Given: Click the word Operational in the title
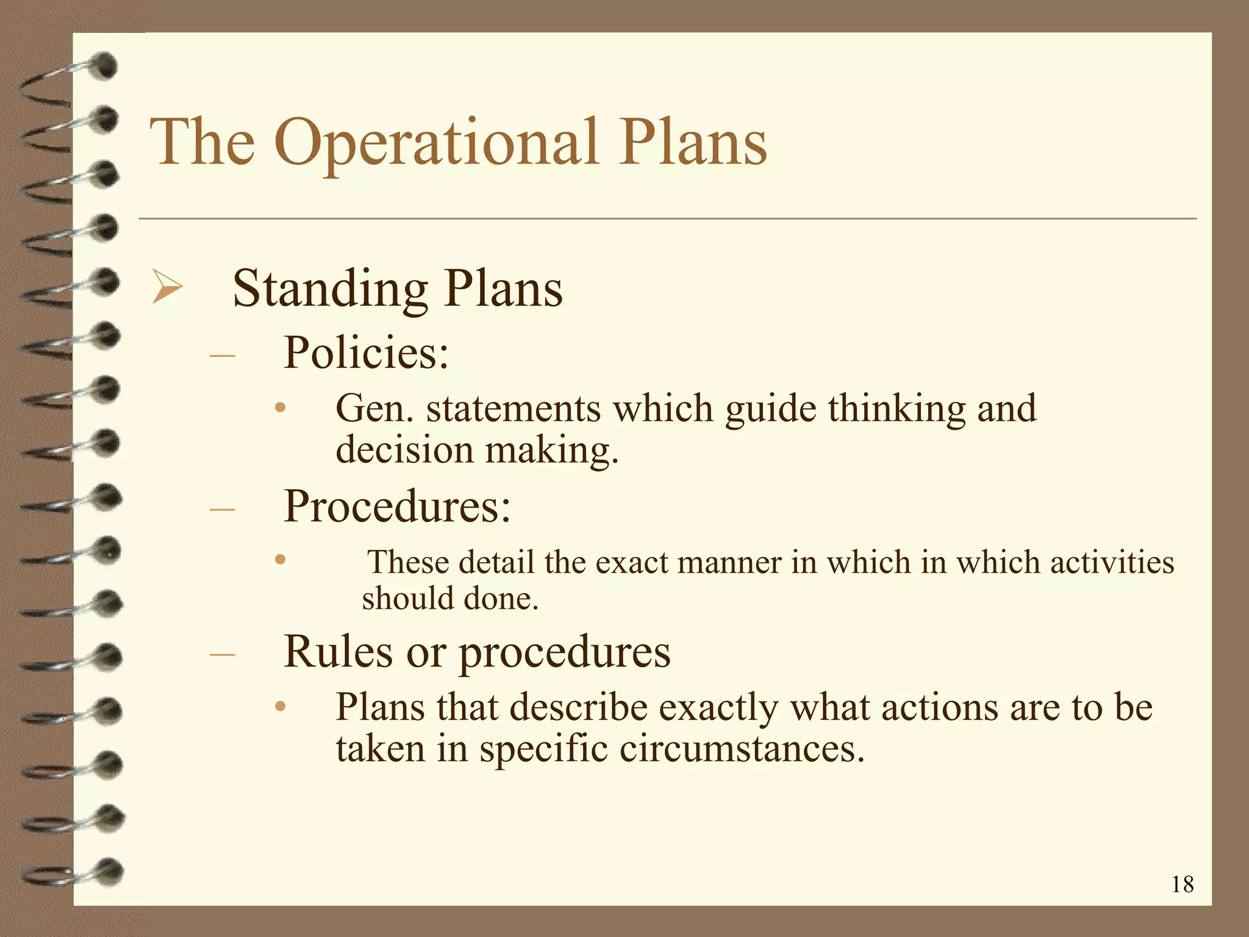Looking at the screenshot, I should click(x=437, y=144).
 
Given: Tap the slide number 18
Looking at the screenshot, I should click(x=1182, y=884).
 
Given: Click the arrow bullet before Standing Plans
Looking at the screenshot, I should click(x=166, y=288).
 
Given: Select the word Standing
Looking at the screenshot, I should click(x=330, y=289).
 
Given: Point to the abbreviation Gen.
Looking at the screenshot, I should click(x=374, y=408).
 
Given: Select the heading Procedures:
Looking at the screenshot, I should click(x=397, y=506).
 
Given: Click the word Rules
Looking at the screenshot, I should click(x=338, y=652).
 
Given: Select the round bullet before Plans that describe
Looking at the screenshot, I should click(x=280, y=706).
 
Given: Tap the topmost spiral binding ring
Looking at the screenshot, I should click(x=73, y=76).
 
